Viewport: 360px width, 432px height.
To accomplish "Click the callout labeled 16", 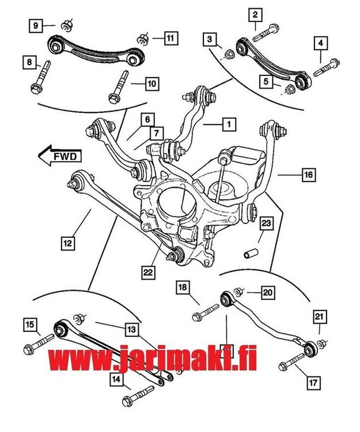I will tap(308, 173).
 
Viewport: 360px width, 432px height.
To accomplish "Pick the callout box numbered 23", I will tap(266, 222).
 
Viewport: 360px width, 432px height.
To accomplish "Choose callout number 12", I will tap(68, 243).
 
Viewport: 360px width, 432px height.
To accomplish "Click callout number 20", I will tap(267, 293).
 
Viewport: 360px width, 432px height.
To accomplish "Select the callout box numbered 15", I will tap(29, 325).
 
